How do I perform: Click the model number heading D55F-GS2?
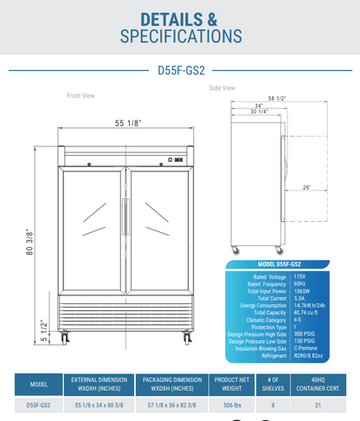(x=181, y=73)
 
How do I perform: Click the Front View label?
(x=80, y=96)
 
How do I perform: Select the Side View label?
(x=222, y=87)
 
